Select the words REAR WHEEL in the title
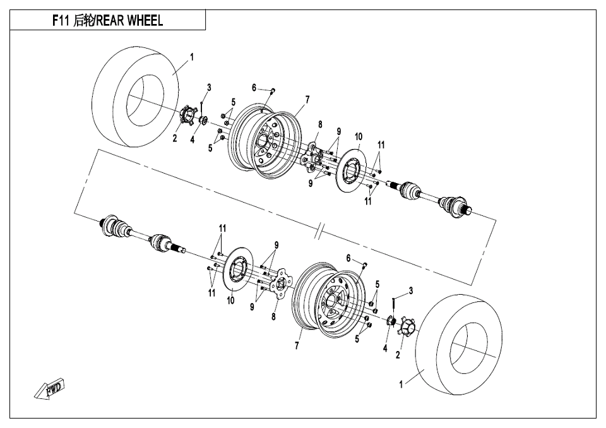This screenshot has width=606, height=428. [x=129, y=21]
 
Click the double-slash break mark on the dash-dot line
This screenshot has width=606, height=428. [x=322, y=232]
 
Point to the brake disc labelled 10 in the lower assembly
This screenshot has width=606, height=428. [x=236, y=273]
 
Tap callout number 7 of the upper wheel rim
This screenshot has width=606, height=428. [x=307, y=99]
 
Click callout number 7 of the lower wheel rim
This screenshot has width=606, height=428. [x=297, y=346]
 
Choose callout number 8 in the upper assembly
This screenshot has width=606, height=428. [x=321, y=124]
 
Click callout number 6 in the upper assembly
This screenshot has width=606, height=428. [x=254, y=88]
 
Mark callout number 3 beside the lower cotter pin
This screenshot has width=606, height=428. [x=411, y=290]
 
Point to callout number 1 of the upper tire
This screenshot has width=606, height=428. [x=192, y=56]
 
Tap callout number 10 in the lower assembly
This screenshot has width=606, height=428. [x=230, y=300]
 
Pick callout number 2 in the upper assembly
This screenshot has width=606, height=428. [x=175, y=139]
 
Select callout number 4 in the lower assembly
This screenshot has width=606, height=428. [x=385, y=348]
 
